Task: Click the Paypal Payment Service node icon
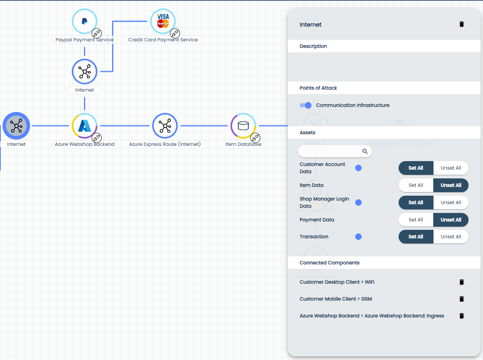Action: pos(84,21)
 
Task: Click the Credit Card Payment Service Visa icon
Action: pos(163,21)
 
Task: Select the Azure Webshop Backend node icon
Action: pos(84,126)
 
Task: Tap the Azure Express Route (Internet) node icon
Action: pos(165,126)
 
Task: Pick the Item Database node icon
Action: pos(243,126)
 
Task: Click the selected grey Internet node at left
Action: pos(16,126)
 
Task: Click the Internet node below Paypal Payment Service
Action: pos(84,72)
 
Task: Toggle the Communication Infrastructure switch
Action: pos(306,105)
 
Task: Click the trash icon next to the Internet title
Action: pos(461,25)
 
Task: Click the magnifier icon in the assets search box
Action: pos(365,151)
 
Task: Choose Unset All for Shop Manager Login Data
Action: pos(451,202)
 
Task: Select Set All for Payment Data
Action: pos(415,220)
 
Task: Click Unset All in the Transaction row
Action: pos(451,237)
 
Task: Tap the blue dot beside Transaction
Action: pos(358,237)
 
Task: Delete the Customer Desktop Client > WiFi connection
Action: pos(461,282)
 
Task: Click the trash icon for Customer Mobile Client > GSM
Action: pos(461,299)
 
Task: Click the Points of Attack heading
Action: pos(318,88)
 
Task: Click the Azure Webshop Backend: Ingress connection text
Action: pos(372,316)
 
